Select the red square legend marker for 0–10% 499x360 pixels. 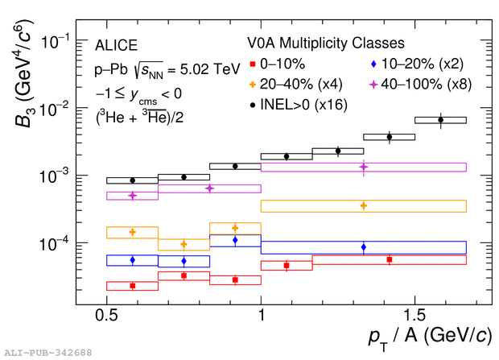point(253,63)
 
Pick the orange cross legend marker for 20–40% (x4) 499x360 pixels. point(253,83)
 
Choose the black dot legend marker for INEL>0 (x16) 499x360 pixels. point(253,104)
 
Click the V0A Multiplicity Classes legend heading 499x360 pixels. point(326,43)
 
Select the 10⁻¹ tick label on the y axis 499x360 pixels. point(54,41)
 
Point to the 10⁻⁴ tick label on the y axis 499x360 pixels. point(54,243)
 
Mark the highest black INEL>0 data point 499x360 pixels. point(440,120)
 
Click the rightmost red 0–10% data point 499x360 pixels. point(390,259)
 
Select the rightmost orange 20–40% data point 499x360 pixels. point(364,205)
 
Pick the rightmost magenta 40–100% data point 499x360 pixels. point(364,167)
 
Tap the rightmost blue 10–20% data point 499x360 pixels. point(364,247)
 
